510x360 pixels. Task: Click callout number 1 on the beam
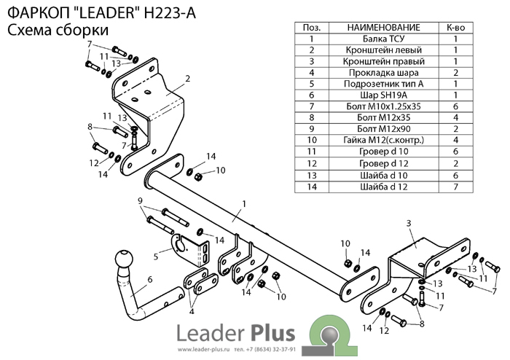(x=244, y=203)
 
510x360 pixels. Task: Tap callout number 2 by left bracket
(x=187, y=79)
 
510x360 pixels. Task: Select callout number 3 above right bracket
(x=409, y=222)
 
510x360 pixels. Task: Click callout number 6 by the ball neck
(x=149, y=278)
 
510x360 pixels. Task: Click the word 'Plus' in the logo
(x=270, y=334)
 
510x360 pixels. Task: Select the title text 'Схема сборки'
(x=58, y=30)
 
